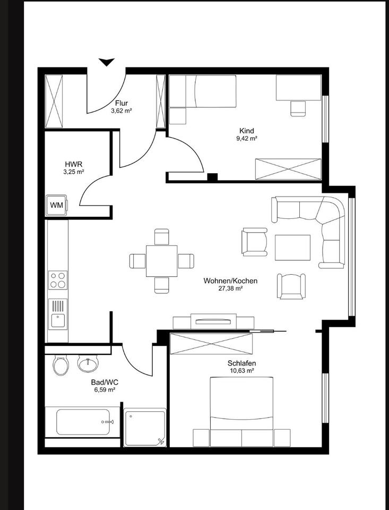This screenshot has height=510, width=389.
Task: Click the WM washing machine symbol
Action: coord(56,205)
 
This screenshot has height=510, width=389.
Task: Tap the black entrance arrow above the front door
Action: coord(107,62)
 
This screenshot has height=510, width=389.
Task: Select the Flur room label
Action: coord(121,104)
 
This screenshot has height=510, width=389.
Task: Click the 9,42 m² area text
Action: coord(247,139)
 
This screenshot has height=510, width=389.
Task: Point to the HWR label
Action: coord(74,164)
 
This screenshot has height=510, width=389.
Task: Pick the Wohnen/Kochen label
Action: coord(230,280)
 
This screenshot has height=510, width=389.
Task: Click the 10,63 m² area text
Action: coord(241,371)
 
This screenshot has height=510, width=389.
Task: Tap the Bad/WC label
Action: coord(104,381)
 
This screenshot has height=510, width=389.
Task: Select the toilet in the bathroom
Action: coord(60,365)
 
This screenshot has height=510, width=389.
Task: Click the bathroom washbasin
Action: coord(88,363)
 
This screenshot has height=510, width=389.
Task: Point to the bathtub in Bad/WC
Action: coord(83,422)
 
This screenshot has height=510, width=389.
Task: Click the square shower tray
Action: coord(145,427)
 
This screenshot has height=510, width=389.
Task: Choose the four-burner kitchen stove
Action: coord(58,280)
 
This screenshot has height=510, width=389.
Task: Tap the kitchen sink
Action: coord(58,314)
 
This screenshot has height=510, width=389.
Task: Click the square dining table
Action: coord(162,261)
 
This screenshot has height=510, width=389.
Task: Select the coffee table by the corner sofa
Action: coord(292,248)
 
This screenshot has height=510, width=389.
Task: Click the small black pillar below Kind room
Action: coord(212,178)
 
